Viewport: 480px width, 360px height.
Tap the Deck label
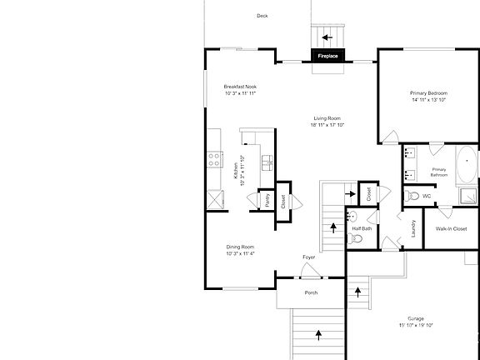coord(262,16)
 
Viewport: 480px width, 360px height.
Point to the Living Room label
coord(327,122)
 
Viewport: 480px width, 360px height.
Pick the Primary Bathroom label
coord(439,172)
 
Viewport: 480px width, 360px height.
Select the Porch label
coord(311,292)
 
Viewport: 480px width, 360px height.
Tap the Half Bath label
coord(361,227)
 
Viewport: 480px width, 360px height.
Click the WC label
coord(426,196)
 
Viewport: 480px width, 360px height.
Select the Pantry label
coord(267,200)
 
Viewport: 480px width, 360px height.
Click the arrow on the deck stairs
coord(327,37)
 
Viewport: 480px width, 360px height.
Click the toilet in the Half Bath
coord(356,239)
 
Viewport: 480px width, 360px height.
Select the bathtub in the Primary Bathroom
coord(467,163)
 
